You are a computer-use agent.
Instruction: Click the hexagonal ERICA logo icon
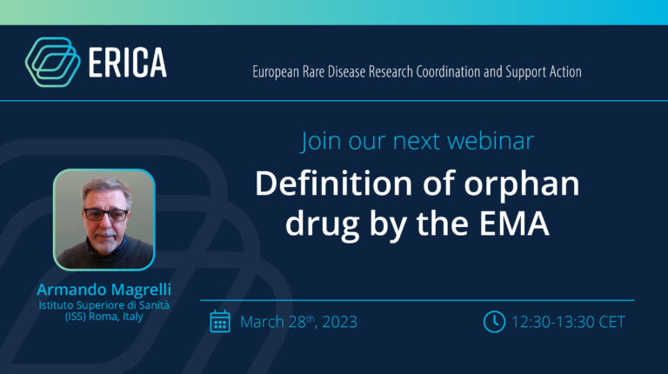53,63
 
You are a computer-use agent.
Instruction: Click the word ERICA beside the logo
127,63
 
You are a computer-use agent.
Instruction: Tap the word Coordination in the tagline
448,71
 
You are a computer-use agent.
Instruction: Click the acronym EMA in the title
514,224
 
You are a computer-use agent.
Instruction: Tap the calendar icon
220,322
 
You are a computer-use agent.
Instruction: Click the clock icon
494,322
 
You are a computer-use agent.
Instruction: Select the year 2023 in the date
339,322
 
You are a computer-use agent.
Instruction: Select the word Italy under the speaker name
133,317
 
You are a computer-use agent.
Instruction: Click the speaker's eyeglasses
105,214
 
